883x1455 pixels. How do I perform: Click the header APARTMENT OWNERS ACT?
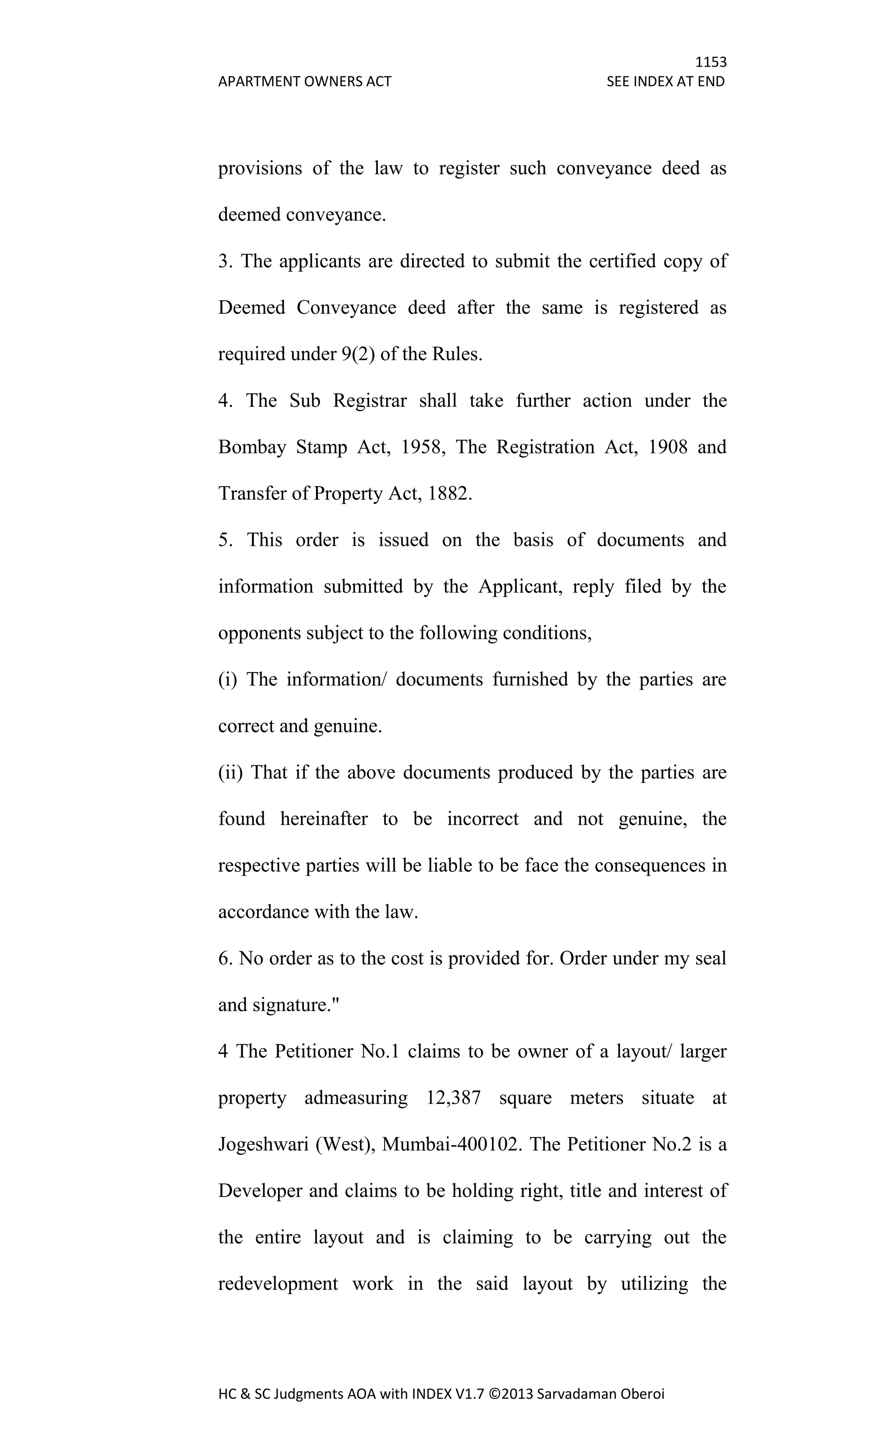tap(304, 82)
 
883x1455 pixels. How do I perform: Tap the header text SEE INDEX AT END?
tap(665, 82)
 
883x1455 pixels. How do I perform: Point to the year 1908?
tap(667, 447)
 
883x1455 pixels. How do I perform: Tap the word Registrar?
tap(370, 401)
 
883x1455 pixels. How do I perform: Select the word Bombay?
tap(252, 447)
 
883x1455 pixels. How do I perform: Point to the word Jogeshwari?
tap(263, 1144)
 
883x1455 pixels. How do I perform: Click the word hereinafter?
tap(323, 819)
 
